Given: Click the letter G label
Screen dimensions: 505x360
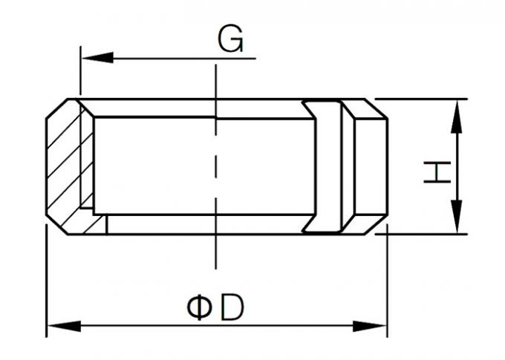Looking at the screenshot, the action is pyautogui.click(x=230, y=39).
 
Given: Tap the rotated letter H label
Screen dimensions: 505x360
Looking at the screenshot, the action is pyautogui.click(x=437, y=173).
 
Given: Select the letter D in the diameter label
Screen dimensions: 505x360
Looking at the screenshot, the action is pyautogui.click(x=231, y=308).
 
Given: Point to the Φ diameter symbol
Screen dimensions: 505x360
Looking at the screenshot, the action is pyautogui.click(x=199, y=308).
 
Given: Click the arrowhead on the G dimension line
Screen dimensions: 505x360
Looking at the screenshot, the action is pyautogui.click(x=97, y=58).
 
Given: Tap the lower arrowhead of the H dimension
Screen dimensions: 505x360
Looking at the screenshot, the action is pyautogui.click(x=457, y=217).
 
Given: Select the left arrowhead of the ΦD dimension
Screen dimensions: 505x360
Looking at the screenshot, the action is pyautogui.click(x=64, y=326).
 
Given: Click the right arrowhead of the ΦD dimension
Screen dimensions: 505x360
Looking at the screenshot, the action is pyautogui.click(x=370, y=326).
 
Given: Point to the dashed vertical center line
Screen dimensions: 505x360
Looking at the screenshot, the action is pyautogui.click(x=216, y=166).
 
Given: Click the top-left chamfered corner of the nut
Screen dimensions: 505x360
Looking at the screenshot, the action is pyautogui.click(x=57, y=109).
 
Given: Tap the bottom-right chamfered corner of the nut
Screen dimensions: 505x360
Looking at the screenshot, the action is pyautogui.click(x=376, y=224).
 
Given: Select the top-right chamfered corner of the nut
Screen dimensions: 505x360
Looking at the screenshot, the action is pyautogui.click(x=376, y=109).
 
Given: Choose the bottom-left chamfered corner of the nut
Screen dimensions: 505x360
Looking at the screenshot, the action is pyautogui.click(x=57, y=224).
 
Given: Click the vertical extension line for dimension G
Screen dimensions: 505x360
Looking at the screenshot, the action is pyautogui.click(x=80, y=71).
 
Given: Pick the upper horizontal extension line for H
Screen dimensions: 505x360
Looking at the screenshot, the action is pyautogui.click(x=421, y=99).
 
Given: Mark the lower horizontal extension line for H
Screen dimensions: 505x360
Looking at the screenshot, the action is pyautogui.click(x=421, y=234).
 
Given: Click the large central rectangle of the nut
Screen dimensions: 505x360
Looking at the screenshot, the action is pyautogui.click(x=204, y=166).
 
